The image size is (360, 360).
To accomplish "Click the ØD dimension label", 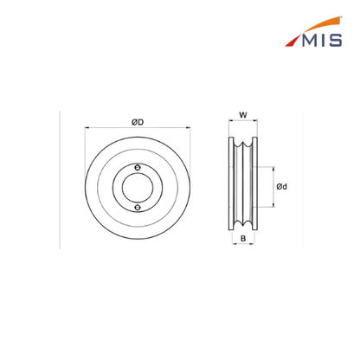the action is coord(138,122).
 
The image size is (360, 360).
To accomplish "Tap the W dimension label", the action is coord(243,115).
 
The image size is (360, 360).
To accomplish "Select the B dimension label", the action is coord(243,239).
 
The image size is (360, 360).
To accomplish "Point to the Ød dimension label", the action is coord(282,187).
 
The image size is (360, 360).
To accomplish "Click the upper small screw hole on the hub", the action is coord(138,168).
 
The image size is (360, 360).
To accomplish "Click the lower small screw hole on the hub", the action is coord(138,208).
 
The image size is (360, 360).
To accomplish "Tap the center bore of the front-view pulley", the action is coord(138,188).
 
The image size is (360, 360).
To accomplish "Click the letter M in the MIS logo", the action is coord(310,41).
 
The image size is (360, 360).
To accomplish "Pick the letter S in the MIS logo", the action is coord(335,41).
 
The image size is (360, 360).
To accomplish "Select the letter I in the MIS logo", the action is coord(323,41).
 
